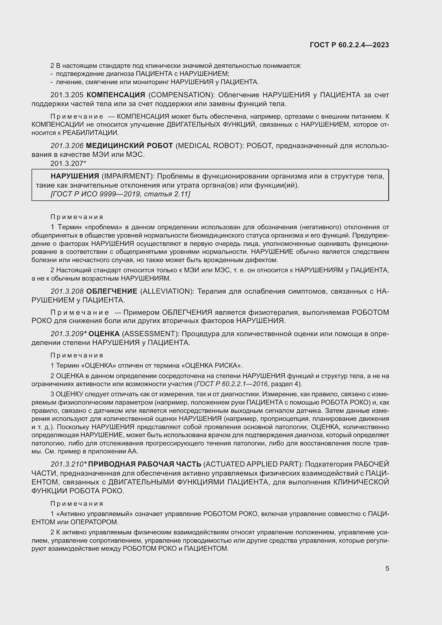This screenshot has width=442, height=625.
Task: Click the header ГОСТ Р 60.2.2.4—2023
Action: (x=349, y=45)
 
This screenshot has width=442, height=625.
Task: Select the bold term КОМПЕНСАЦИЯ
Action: (x=116, y=95)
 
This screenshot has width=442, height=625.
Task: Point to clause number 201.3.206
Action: (x=67, y=146)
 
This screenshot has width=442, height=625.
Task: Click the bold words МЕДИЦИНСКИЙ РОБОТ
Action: (x=130, y=146)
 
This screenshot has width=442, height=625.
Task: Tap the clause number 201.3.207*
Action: (x=68, y=163)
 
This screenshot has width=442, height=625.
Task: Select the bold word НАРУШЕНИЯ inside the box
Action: (x=75, y=176)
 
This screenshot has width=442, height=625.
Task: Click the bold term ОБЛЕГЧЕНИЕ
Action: (x=112, y=291)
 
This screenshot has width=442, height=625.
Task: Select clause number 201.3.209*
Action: (x=69, y=334)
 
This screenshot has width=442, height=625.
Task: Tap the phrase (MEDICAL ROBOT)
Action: (x=210, y=146)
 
